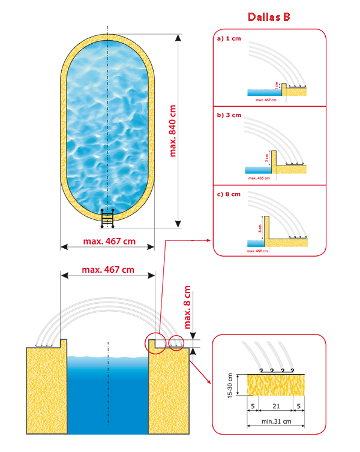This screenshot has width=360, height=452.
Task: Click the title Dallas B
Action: tap(269, 17)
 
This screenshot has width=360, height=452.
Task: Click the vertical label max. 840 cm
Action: tap(174, 128)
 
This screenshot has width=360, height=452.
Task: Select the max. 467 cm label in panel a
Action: tap(265, 100)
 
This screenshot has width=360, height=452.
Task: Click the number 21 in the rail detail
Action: tap(275, 405)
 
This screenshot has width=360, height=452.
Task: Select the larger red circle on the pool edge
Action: tap(155, 342)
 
